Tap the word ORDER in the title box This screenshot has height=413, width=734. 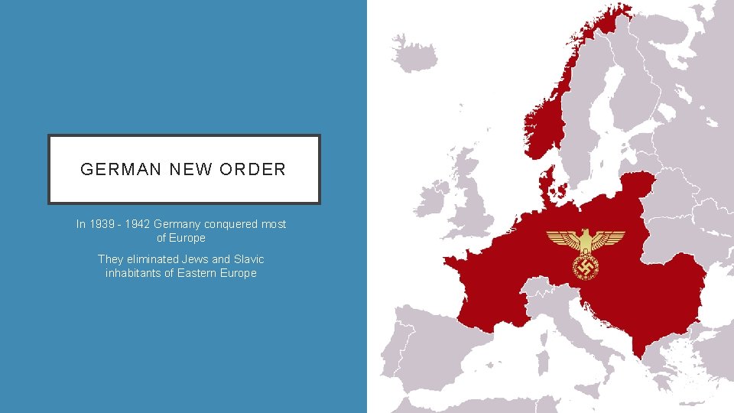(x=252, y=170)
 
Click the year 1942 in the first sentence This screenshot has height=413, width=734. (x=138, y=224)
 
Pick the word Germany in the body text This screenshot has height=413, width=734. (x=177, y=224)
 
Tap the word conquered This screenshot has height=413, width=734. (x=232, y=224)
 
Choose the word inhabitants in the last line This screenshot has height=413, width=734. (x=131, y=273)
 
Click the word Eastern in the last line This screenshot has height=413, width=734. (x=196, y=273)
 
